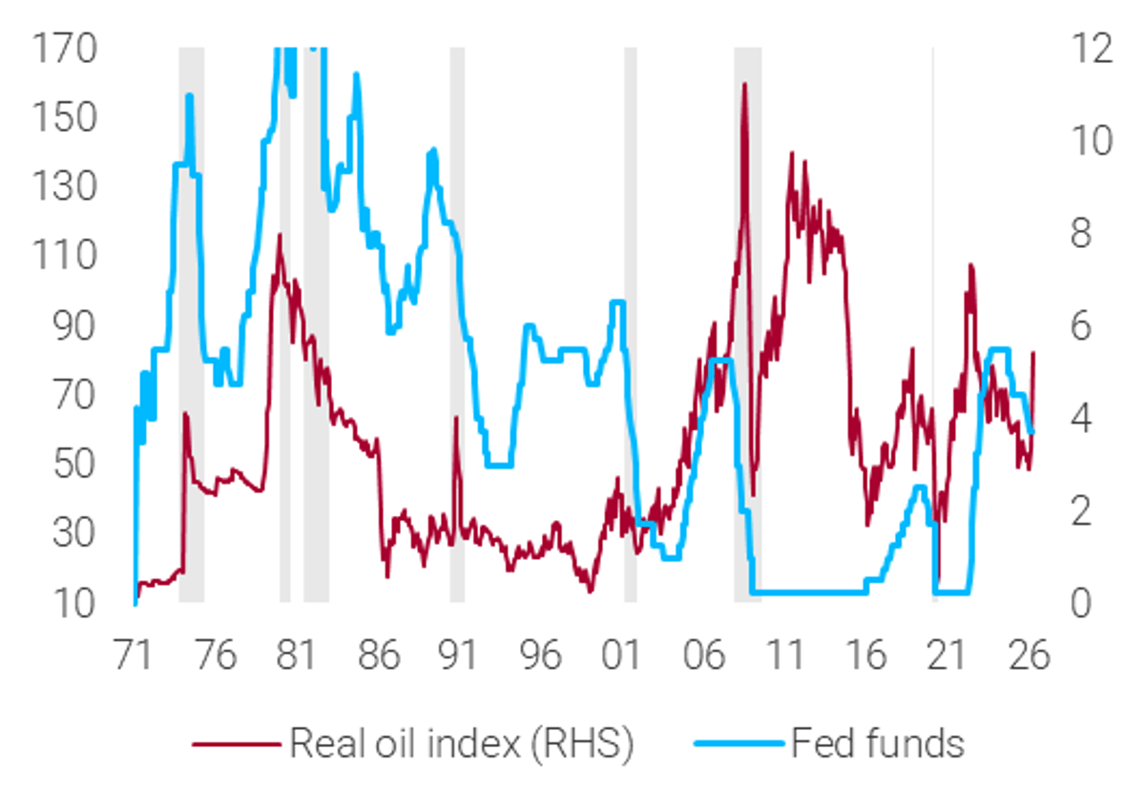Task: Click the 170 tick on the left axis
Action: coord(66,48)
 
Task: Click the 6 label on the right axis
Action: coord(1080,326)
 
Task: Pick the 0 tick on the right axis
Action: coord(1080,604)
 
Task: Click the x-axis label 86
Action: coord(378,657)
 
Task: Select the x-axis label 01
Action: coord(621,657)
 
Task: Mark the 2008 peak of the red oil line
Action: coord(744,85)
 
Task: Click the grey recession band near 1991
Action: coord(457,324)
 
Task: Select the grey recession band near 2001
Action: coord(630,324)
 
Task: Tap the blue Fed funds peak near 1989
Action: coord(433,150)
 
